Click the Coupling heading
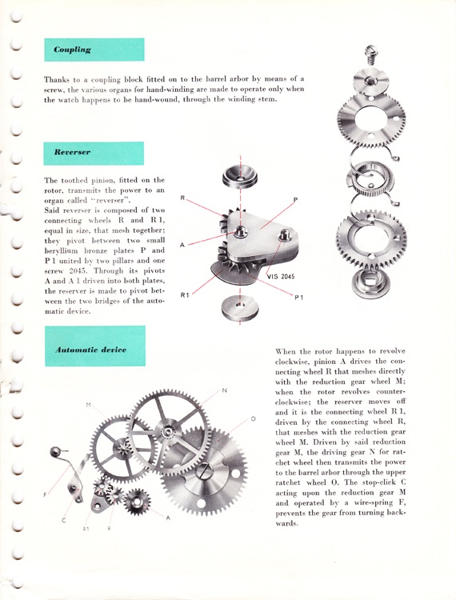(72, 50)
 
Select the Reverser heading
(72, 152)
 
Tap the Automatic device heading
(90, 350)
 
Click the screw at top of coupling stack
(371, 55)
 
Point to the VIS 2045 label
(281, 276)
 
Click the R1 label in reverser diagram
(185, 295)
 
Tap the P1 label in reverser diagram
(298, 297)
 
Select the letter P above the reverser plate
(296, 200)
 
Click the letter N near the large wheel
(225, 390)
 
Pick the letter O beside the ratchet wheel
(253, 419)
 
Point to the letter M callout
(88, 405)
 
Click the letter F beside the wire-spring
(45, 494)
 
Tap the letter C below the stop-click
(63, 521)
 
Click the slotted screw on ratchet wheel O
(204, 470)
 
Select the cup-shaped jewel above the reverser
(240, 178)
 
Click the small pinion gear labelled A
(138, 502)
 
